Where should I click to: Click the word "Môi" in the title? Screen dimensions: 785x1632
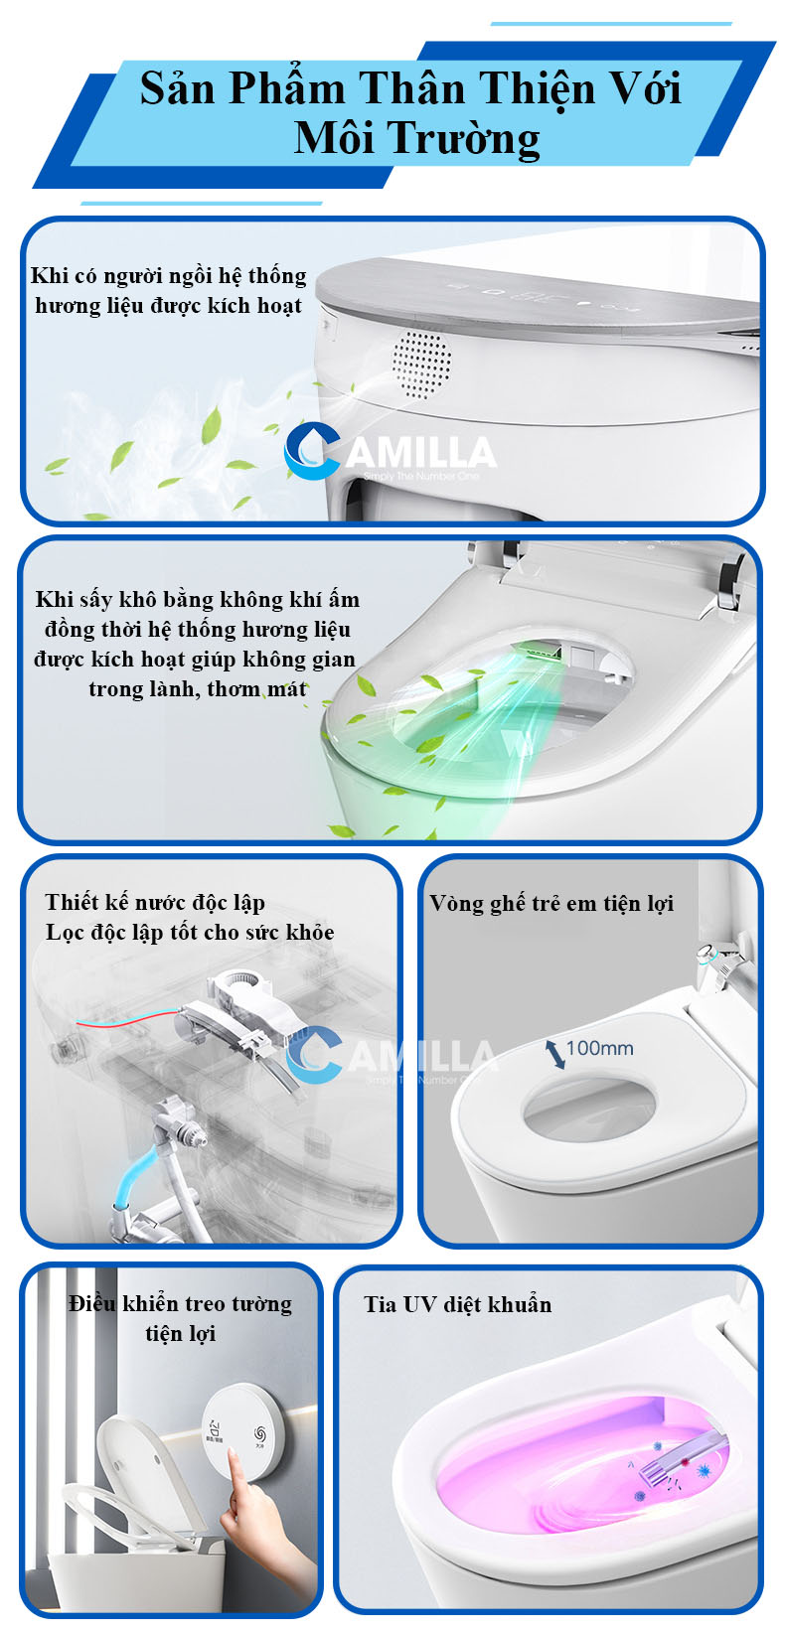click(x=333, y=137)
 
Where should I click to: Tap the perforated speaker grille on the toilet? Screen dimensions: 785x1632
click(x=421, y=365)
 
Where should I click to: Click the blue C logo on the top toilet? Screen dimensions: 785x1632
click(x=313, y=450)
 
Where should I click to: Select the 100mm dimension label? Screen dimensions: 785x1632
click(x=599, y=1048)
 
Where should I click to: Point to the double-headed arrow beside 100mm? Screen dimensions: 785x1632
click(x=555, y=1054)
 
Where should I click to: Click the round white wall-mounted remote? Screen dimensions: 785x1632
click(x=242, y=1431)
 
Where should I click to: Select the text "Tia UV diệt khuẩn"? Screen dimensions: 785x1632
click(x=458, y=1304)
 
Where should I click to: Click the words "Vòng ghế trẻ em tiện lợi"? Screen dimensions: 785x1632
click(x=551, y=904)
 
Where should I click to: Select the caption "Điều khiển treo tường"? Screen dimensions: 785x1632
click(x=180, y=1303)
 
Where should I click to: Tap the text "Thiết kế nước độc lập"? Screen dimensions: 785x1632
click(x=155, y=902)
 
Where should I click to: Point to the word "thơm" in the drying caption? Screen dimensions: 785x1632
click(x=234, y=689)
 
